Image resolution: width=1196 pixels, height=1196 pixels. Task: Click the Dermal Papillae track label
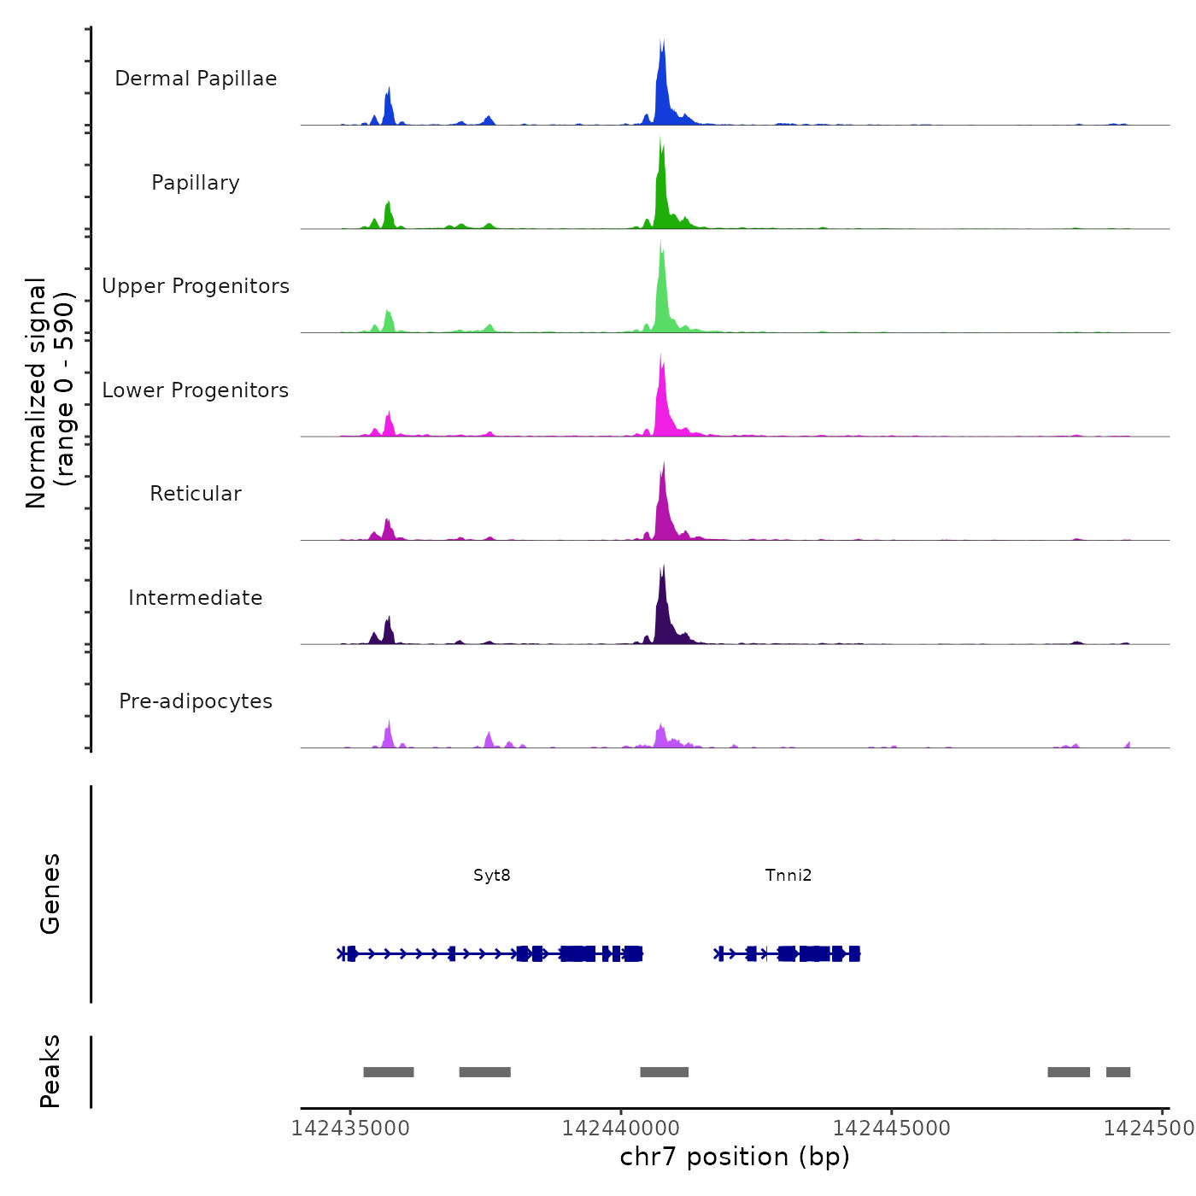click(196, 79)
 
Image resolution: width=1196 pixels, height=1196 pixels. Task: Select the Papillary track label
click(196, 183)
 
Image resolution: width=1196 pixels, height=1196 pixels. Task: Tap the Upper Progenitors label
click(196, 286)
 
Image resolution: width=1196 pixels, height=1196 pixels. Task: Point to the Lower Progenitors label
click(196, 390)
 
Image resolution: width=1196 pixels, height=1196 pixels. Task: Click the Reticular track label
click(196, 494)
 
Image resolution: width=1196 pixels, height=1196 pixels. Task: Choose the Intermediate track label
click(196, 598)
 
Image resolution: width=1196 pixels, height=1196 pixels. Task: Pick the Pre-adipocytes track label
click(196, 701)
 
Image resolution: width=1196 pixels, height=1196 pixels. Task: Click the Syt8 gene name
click(492, 875)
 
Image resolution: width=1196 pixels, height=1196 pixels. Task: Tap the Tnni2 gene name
click(789, 875)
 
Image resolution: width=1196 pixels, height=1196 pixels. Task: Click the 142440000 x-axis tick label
click(621, 1128)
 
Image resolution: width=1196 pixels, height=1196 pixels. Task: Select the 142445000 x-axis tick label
click(891, 1128)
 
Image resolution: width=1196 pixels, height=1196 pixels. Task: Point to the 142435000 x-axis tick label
click(350, 1128)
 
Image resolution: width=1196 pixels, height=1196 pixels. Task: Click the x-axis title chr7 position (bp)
click(735, 1157)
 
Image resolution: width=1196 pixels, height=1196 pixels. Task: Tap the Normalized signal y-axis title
click(50, 393)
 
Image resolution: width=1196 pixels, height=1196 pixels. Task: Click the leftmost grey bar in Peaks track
click(389, 1072)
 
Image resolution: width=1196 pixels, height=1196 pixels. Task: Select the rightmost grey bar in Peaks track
click(1118, 1072)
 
